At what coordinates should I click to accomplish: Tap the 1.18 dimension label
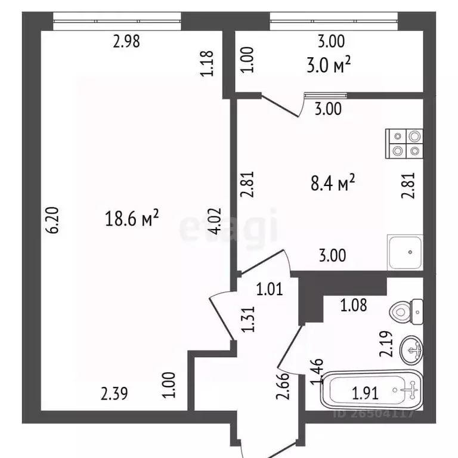pyautogui.click(x=206, y=64)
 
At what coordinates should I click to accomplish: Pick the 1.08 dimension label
pyautogui.click(x=354, y=307)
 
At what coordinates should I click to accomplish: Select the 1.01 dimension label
pyautogui.click(x=269, y=290)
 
